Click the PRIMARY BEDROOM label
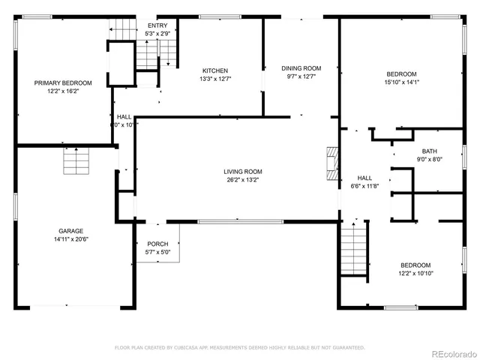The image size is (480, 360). coord(63,82)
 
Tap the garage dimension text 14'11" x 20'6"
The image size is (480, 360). coord(71,240)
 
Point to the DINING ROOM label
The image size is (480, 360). coord(301,68)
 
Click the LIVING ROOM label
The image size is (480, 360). coord(242,172)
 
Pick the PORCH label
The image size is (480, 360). coord(157,244)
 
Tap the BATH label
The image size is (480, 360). coord(429,151)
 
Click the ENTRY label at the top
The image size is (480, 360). coord(157,25)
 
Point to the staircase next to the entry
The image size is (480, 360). coord(166,54)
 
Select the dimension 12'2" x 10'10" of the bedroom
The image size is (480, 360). coord(415,273)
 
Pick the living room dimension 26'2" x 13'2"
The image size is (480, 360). coord(242,180)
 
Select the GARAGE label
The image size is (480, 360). coord(71,231)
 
